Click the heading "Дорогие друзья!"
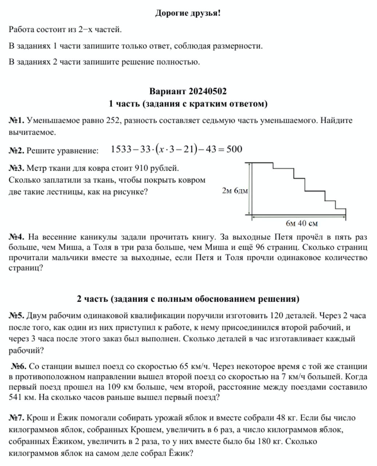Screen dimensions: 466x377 tap(188, 13)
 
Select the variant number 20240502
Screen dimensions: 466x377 tap(207, 91)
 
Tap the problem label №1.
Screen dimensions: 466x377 tap(16, 121)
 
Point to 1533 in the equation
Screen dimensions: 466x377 tap(120, 149)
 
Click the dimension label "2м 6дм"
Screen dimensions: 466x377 tap(234, 190)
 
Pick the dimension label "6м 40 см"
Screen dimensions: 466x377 tap(302, 223)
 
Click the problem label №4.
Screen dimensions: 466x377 tap(16, 237)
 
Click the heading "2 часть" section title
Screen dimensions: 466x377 tap(188, 299)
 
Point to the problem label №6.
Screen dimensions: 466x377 tap(19, 366)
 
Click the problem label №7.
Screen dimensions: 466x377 tap(16, 418)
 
